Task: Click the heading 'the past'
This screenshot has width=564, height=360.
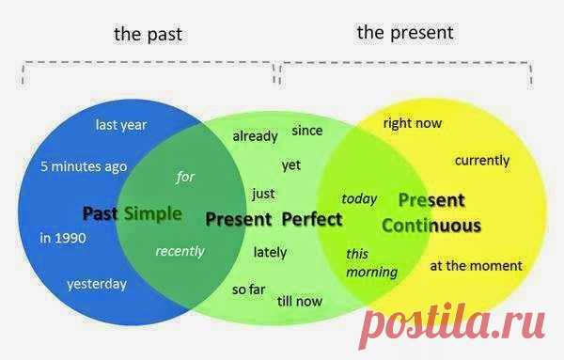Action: (x=148, y=35)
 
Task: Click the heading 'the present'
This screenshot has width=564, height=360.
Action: (x=405, y=33)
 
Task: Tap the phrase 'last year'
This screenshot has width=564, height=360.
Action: (x=121, y=126)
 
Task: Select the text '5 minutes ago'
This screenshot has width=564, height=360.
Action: (x=84, y=166)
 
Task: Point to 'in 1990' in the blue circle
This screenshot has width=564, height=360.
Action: (x=63, y=238)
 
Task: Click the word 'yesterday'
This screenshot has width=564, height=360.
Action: (x=97, y=285)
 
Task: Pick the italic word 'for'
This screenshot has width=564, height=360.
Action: (x=185, y=177)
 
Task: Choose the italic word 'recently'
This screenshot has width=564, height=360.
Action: (x=180, y=251)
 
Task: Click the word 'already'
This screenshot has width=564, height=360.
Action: (x=255, y=136)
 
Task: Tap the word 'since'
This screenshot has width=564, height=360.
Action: (x=307, y=131)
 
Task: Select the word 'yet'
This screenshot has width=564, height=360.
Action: (x=291, y=165)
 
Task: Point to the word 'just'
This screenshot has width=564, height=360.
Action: (x=263, y=194)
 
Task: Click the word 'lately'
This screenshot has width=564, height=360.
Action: (x=270, y=253)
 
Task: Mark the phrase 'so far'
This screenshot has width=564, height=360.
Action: (x=248, y=290)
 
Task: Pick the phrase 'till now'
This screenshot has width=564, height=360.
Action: (x=299, y=301)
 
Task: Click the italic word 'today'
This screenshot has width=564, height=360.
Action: (x=359, y=199)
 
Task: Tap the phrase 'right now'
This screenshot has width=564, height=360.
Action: (x=413, y=123)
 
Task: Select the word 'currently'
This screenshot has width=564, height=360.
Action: (x=482, y=161)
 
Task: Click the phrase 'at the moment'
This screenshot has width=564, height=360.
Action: (x=476, y=266)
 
